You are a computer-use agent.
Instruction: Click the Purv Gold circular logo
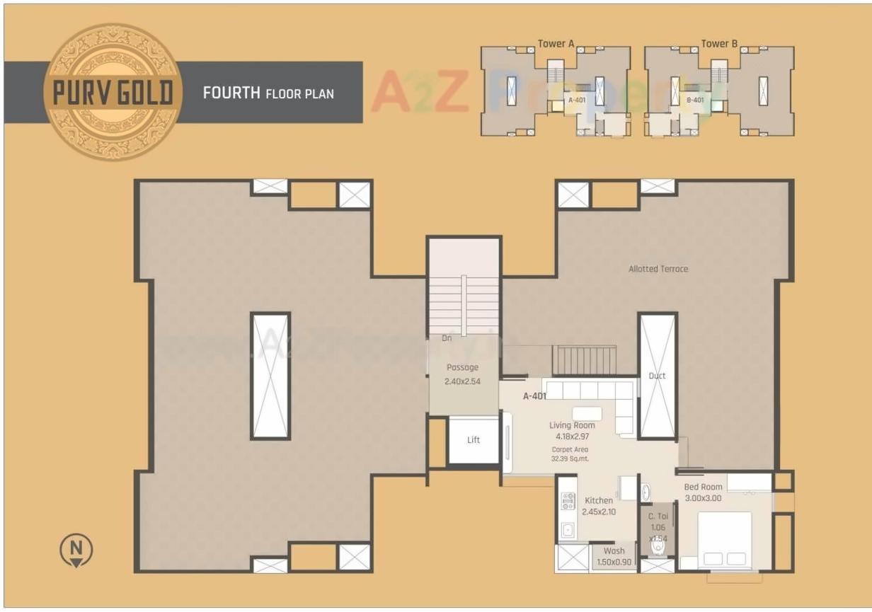tap(113, 92)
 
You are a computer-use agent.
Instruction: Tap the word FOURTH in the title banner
tap(231, 93)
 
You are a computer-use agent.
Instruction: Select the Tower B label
tap(719, 44)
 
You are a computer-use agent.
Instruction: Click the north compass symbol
tap(76, 550)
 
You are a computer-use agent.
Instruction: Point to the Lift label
tap(474, 440)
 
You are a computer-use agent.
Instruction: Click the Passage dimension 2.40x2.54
tap(462, 381)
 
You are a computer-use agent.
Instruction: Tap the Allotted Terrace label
tap(658, 269)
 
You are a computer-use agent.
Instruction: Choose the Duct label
tap(657, 376)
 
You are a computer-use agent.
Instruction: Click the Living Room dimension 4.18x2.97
tap(572, 437)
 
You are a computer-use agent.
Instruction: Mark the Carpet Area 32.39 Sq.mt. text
tap(570, 454)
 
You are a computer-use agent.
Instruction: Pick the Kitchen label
tap(599, 500)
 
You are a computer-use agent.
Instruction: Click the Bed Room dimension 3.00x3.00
tap(703, 498)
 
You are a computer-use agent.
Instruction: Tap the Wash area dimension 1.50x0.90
tap(614, 562)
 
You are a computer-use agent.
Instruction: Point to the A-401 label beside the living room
tap(534, 397)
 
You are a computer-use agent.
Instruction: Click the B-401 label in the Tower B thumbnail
tap(695, 100)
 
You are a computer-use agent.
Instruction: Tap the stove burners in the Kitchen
tap(567, 502)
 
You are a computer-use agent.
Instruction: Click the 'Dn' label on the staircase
tap(447, 338)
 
